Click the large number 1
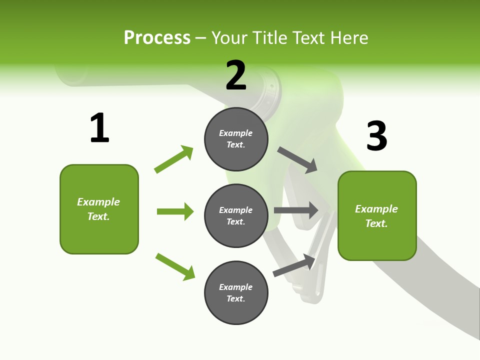99,128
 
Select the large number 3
377,136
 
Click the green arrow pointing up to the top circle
173,159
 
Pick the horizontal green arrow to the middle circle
175,211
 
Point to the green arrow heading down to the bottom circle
175,266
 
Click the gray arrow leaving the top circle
297,159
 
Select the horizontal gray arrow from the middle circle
296,210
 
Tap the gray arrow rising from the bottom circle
294,265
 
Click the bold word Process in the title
157,37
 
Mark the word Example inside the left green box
98,202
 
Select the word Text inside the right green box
376,223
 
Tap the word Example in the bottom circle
236,287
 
